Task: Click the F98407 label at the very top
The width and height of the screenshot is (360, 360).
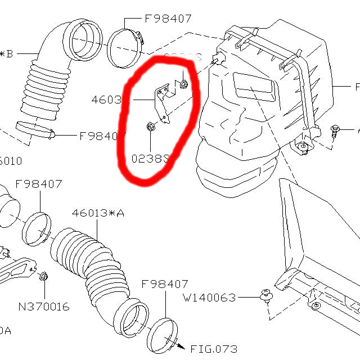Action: tap(168, 18)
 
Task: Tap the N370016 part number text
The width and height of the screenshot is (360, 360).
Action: tap(44, 307)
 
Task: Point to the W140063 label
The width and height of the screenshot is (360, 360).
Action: tap(210, 298)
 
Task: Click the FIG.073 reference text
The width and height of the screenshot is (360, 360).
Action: tap(214, 349)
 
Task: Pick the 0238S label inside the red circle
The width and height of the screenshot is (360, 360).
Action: tap(150, 159)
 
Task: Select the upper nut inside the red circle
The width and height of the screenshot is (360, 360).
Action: tap(184, 85)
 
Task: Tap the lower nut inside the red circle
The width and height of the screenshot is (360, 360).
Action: tap(150, 127)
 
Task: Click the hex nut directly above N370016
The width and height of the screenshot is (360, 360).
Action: tap(44, 277)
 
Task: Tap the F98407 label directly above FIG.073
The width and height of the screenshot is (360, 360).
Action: tap(164, 285)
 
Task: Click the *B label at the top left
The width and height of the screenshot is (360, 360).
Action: tap(7, 54)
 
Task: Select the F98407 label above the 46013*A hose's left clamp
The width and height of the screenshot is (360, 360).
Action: tap(38, 184)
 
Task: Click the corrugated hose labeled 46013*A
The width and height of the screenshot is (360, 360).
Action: tap(90, 259)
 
